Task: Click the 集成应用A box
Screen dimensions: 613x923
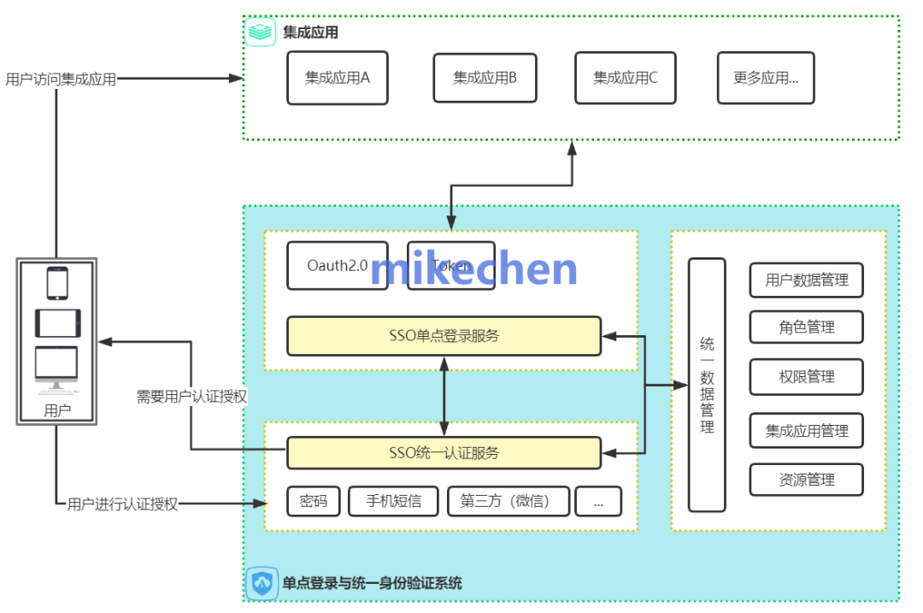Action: (x=337, y=78)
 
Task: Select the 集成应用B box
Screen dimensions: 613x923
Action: (x=485, y=78)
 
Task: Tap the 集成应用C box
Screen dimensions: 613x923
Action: (x=625, y=78)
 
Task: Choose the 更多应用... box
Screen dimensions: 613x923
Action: (x=765, y=78)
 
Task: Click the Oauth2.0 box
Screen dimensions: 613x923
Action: (x=337, y=265)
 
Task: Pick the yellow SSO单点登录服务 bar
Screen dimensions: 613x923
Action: (x=444, y=336)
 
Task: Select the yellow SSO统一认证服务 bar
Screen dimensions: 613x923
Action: (x=444, y=452)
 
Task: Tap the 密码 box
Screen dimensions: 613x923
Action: (x=313, y=502)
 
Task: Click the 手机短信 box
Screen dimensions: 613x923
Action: (x=393, y=502)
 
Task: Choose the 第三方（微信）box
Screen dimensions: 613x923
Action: (x=508, y=502)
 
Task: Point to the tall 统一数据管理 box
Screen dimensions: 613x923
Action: (x=707, y=385)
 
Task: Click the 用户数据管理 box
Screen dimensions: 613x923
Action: (x=806, y=280)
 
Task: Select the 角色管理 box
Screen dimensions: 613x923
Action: (x=806, y=327)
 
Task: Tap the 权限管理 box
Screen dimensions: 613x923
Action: (x=806, y=377)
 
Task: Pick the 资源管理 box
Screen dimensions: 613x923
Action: (x=806, y=480)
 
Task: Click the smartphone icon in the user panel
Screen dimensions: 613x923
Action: (x=57, y=283)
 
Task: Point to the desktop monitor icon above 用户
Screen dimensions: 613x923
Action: (x=56, y=368)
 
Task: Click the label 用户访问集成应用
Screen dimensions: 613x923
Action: (x=60, y=80)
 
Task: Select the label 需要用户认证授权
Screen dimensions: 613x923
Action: (x=191, y=397)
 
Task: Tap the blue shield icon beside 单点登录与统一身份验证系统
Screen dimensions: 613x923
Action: (x=262, y=583)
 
